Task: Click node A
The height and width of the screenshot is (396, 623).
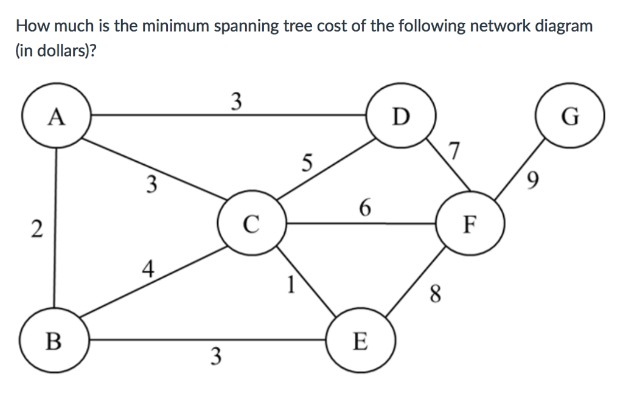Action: pos(56,116)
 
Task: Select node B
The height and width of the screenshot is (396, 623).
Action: pos(55,340)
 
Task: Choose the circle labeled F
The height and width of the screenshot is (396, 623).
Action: pos(469,224)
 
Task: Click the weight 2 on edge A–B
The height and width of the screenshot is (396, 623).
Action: pos(37,229)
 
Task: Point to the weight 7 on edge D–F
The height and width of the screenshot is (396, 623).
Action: pos(454,150)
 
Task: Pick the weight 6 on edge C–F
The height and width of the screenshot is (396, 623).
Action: pos(364,208)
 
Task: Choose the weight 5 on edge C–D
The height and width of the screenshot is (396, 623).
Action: pos(307,162)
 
